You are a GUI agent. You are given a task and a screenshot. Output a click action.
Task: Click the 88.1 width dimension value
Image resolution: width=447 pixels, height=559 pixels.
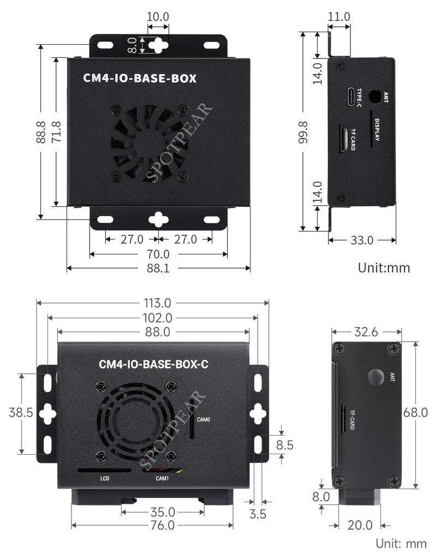coord(158,268)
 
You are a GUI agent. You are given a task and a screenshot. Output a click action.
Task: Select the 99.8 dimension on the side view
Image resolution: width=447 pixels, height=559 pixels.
coord(303,131)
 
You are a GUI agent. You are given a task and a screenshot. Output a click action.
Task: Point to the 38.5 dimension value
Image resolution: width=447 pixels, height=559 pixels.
coord(20,413)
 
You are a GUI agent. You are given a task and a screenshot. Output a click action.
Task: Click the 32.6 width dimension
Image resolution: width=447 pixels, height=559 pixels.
coord(367,331)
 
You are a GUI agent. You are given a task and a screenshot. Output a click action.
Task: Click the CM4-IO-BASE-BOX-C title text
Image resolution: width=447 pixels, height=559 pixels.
coord(153,364)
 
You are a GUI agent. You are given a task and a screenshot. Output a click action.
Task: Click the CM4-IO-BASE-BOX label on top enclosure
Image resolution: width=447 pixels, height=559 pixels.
coord(140,78)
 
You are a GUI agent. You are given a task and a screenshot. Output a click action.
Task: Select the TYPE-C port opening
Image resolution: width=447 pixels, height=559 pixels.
coord(349,97)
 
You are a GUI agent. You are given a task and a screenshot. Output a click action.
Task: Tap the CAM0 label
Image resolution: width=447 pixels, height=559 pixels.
coord(204,420)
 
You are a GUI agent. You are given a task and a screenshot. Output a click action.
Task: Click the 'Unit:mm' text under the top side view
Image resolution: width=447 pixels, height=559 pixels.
coord(384,267)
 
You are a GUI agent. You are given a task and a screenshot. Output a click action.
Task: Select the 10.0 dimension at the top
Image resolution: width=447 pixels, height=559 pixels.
coord(158,17)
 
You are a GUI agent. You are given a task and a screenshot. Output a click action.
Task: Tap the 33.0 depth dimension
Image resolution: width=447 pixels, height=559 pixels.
coord(362,240)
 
